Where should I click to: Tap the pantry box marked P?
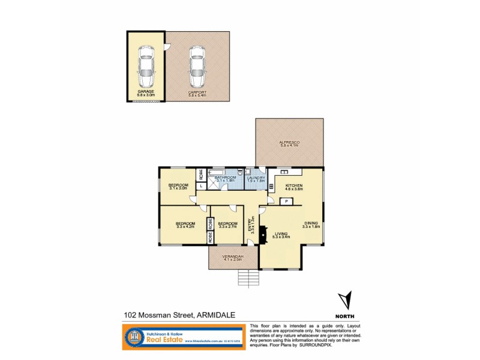(287, 201)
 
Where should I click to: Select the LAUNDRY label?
(255, 179)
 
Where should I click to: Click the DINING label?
(311, 223)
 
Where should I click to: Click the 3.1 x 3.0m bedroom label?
(178, 186)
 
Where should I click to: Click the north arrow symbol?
(344, 300)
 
